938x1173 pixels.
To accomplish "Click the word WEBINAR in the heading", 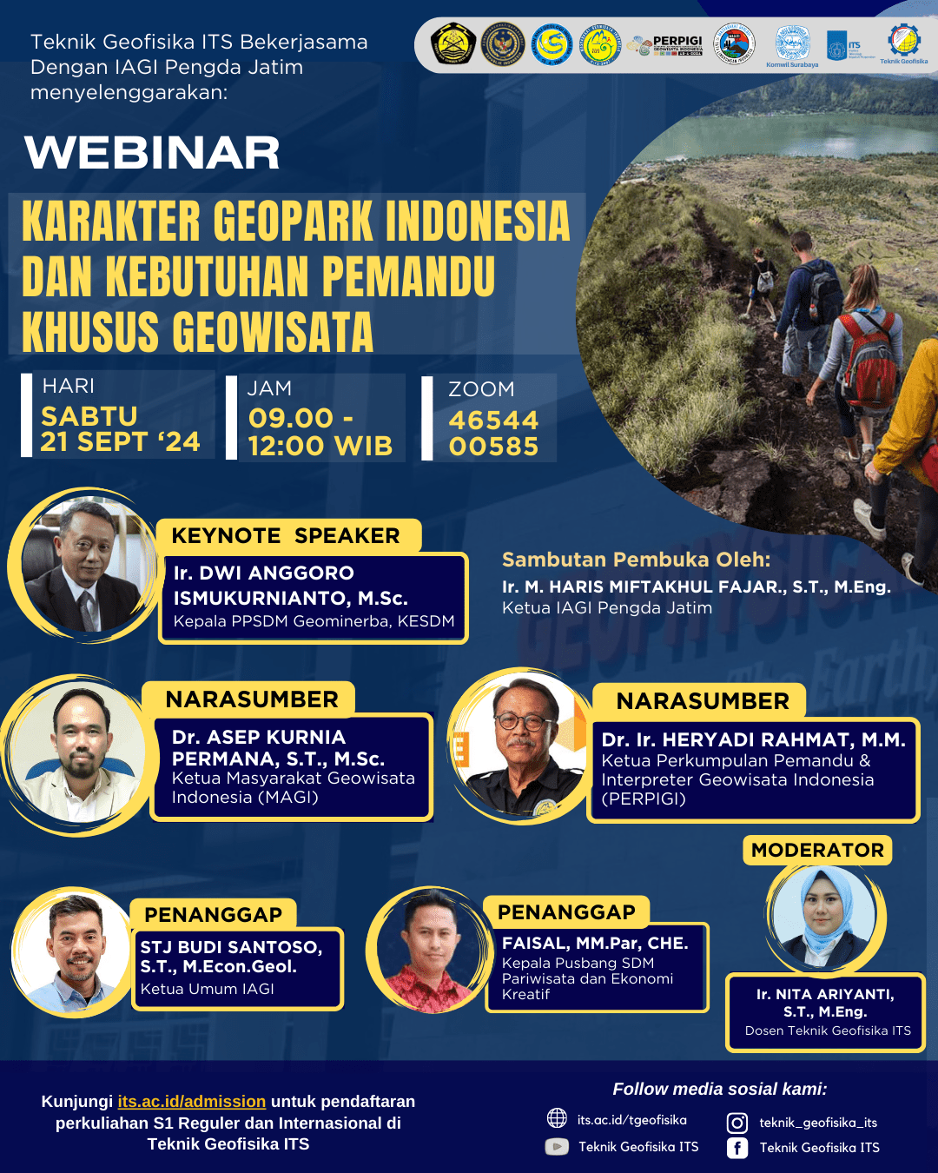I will pos(152,153).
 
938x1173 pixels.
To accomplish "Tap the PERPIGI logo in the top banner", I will pos(667,45).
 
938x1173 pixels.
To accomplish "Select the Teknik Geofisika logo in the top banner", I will pos(903,43).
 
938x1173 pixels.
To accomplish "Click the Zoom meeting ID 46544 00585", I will pos(493,433).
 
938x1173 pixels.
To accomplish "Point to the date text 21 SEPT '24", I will pos(120,441).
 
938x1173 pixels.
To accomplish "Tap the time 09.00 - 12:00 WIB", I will pos(320,432).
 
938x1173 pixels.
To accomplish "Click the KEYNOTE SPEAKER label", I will pos(286,536).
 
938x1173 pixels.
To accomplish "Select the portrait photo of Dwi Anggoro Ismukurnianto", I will pos(83,566).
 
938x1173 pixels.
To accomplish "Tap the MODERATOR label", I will pos(817,850).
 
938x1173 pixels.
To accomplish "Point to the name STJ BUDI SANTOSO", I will pos(231,947).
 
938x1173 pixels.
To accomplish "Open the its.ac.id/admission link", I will pos(192,1102).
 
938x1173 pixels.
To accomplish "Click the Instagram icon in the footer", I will pos(737,1123).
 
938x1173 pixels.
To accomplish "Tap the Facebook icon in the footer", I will pos(737,1148).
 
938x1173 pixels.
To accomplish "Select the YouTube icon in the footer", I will pos(557,1147).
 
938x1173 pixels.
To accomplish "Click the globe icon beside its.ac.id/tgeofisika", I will pos(557,1118).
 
